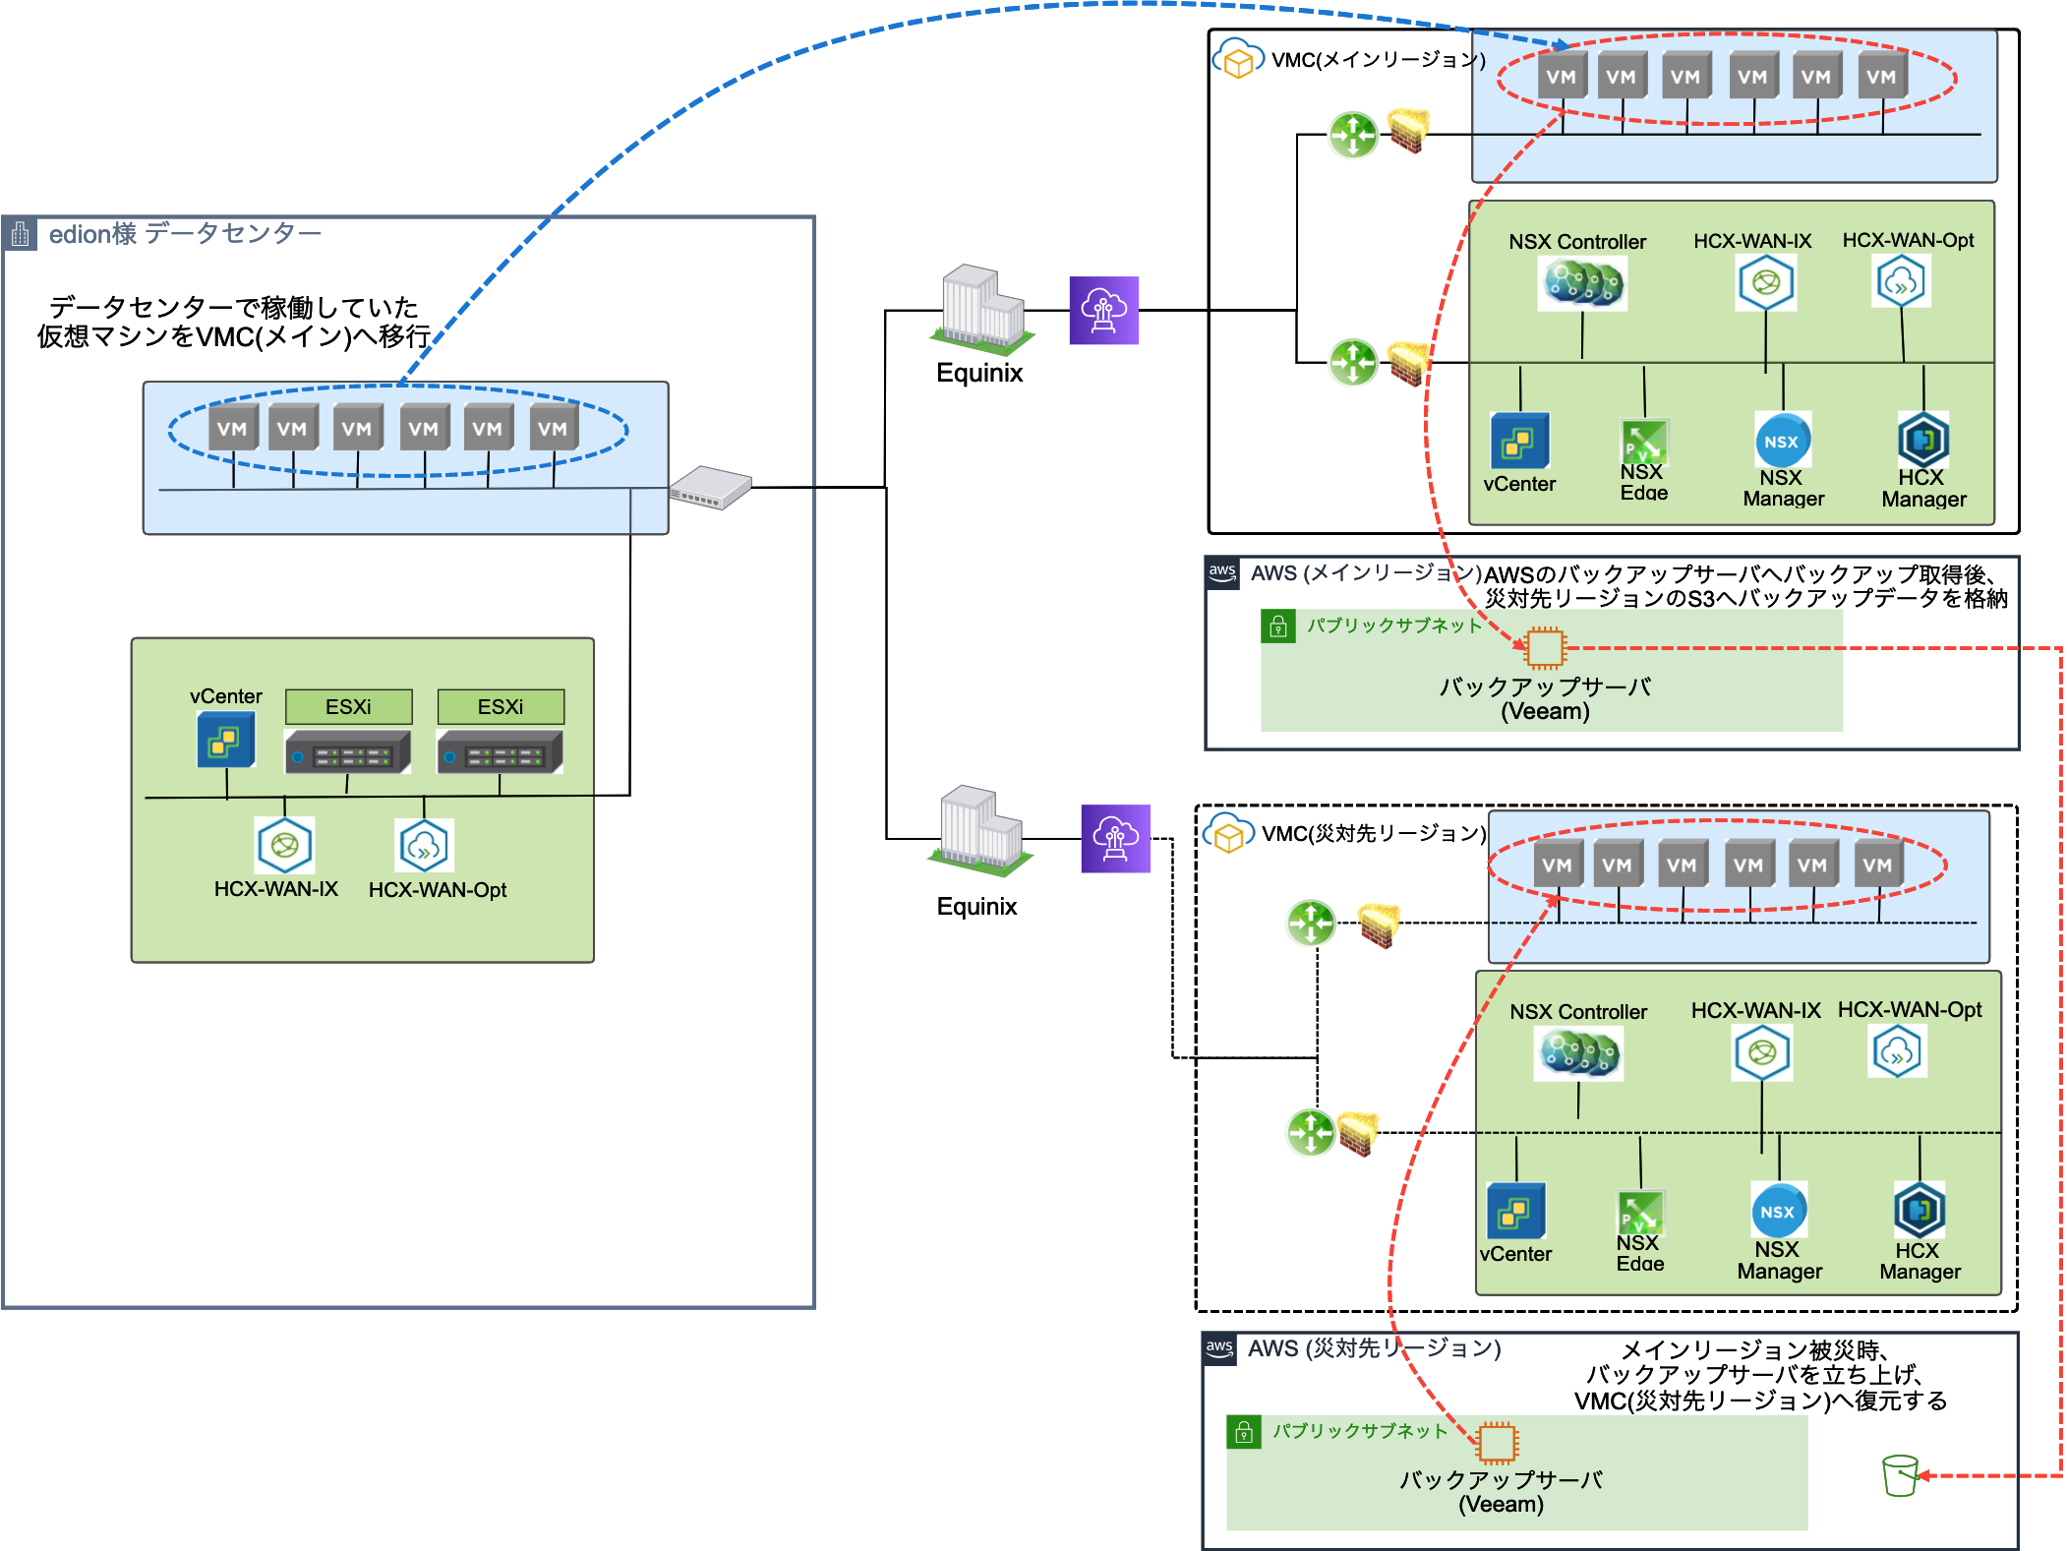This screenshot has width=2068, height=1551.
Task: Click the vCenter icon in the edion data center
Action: click(x=226, y=741)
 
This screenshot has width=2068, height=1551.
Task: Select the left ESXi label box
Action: click(x=348, y=706)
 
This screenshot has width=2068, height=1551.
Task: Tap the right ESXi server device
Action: click(x=500, y=752)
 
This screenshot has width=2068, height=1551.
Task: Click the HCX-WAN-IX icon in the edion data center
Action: click(x=285, y=845)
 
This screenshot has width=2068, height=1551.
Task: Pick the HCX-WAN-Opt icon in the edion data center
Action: click(x=424, y=845)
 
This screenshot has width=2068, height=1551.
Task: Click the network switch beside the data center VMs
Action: click(x=710, y=487)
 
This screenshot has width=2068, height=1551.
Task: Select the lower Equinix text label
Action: click(x=976, y=906)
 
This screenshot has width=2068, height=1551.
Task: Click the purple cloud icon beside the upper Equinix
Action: click(x=1103, y=310)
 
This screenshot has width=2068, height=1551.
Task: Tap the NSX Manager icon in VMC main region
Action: click(x=1781, y=441)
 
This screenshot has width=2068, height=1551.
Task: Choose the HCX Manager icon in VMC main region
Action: click(x=1922, y=440)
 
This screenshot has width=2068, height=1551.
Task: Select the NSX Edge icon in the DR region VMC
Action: click(x=1640, y=1212)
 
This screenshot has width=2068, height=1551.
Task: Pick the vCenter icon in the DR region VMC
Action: click(x=1515, y=1212)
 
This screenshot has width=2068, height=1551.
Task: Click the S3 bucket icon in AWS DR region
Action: click(x=1900, y=1475)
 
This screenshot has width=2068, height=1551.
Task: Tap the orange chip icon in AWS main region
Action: click(x=1545, y=648)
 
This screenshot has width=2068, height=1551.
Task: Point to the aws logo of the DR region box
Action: click(x=1219, y=1347)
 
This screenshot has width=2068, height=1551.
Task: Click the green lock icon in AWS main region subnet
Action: click(x=1277, y=626)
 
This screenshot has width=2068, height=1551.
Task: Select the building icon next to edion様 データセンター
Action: click(x=20, y=234)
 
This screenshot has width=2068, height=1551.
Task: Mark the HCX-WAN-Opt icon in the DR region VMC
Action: click(x=1897, y=1052)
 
